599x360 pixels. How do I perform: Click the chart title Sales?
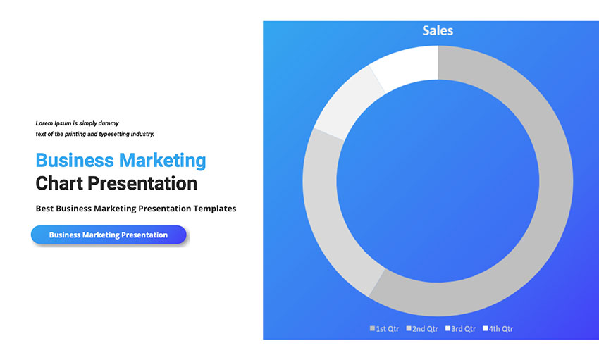[438, 30]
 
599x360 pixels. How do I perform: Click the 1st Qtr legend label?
[388, 329]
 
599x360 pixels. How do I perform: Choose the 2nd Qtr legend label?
[425, 329]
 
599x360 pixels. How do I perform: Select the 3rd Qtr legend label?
[463, 329]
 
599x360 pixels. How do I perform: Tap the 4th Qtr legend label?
[501, 329]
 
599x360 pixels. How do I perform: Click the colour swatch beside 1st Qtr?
[373, 329]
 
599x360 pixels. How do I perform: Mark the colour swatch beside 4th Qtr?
[486, 329]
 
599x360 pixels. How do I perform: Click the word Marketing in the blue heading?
[162, 161]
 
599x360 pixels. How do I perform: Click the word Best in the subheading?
[44, 209]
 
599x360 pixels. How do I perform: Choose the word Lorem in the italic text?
[44, 123]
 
